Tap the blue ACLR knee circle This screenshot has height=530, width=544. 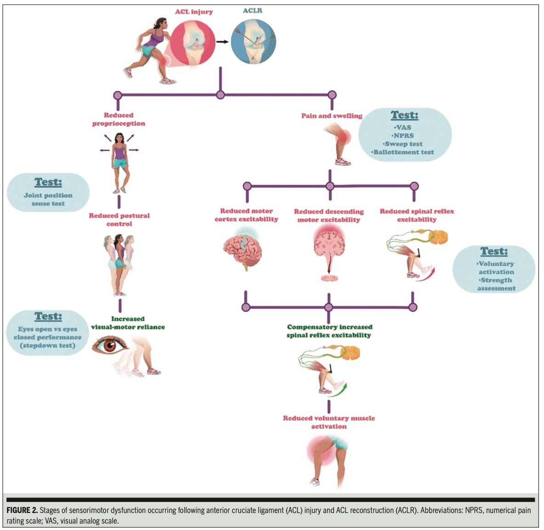pos(253,40)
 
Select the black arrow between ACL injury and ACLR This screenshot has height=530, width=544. pos(223,42)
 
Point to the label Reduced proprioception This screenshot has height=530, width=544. pos(119,119)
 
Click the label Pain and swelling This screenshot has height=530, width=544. pos(332,116)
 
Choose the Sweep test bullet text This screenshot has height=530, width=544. pos(403,144)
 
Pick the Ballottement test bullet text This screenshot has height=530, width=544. pos(403,152)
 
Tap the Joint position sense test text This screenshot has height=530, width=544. pos(48,199)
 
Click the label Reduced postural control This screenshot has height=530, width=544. pos(119,220)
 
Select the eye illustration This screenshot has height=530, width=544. pos(110,345)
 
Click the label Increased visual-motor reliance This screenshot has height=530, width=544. pos(128,323)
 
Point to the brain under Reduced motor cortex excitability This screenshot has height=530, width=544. pos(243,252)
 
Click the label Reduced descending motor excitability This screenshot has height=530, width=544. pos(329,215)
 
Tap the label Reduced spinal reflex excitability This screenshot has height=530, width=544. pos(417,215)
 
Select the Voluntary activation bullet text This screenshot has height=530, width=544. pos(496,268)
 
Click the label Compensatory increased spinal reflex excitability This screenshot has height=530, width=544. pos(329,331)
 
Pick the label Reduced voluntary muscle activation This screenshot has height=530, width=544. pos(329,422)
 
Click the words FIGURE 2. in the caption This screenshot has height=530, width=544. pos(22,510)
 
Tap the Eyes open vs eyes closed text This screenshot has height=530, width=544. pos(47,333)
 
